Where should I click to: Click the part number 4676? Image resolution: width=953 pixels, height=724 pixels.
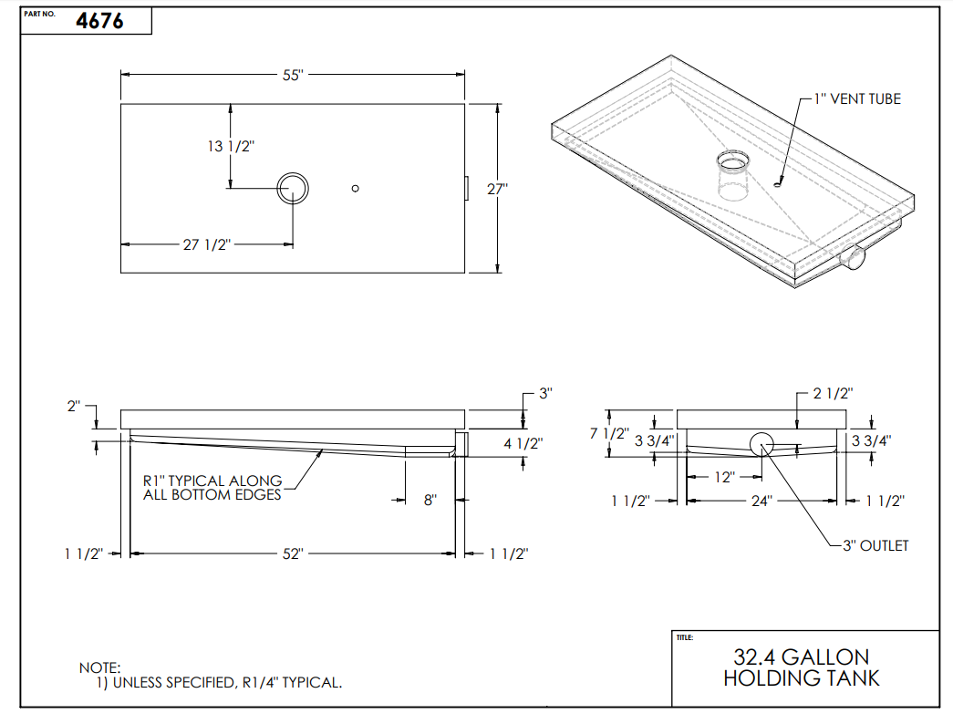click(100, 21)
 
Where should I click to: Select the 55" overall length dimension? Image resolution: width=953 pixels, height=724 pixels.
click(292, 76)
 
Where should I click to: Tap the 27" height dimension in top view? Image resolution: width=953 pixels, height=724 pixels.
click(497, 190)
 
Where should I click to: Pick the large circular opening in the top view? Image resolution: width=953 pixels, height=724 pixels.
click(293, 189)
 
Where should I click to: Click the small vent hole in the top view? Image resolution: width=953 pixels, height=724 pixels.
click(356, 189)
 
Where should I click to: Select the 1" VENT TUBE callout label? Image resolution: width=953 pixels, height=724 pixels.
click(857, 98)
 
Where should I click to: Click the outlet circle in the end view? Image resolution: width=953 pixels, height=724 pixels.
click(761, 444)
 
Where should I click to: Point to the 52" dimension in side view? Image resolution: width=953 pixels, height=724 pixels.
click(292, 553)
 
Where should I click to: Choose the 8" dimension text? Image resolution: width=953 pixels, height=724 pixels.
click(430, 500)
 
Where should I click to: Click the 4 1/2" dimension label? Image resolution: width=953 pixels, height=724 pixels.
click(523, 444)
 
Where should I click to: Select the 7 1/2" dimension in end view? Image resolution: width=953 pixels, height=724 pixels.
click(609, 433)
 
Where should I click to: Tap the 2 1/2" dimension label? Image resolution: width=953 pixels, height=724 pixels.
click(831, 394)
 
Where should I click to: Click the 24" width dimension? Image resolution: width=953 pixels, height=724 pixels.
click(761, 501)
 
